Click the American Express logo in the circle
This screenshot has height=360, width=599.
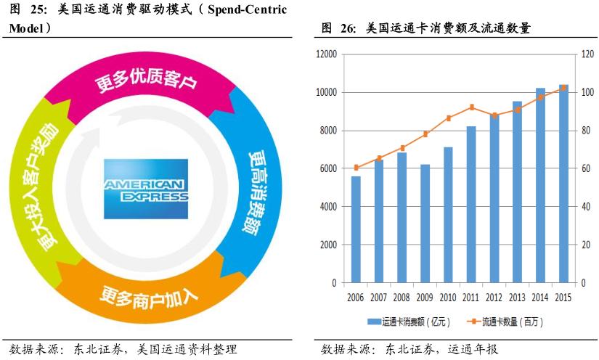pos(145,188)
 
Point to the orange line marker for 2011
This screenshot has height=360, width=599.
pos(471,107)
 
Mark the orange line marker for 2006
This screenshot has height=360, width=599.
pos(356,168)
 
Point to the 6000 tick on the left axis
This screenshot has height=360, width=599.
pos(327,168)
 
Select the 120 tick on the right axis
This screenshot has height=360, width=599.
pos(584,54)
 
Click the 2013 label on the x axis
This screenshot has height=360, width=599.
pos(517,298)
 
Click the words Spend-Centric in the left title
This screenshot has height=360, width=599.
pos(247,9)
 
